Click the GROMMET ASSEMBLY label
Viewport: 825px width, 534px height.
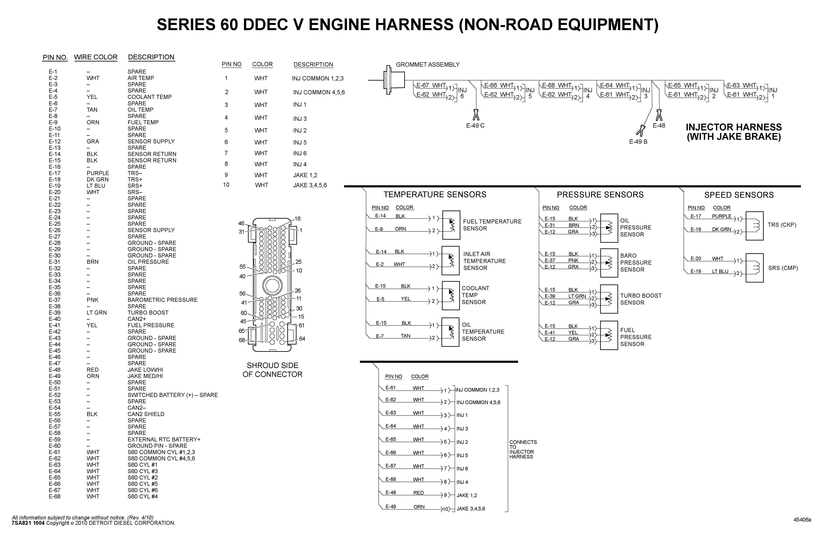(x=427, y=65)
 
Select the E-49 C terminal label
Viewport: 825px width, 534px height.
(x=475, y=126)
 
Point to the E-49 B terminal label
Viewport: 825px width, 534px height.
(x=638, y=141)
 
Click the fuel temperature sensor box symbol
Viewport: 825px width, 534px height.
(x=451, y=225)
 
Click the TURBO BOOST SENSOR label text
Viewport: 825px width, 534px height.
(x=641, y=299)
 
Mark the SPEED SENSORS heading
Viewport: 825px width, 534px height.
(x=739, y=195)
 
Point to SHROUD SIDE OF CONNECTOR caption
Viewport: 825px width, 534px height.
(x=272, y=370)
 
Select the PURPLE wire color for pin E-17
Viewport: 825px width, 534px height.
(x=98, y=173)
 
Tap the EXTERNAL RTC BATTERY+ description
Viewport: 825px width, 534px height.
(x=164, y=439)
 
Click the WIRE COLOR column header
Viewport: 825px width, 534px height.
(x=96, y=57)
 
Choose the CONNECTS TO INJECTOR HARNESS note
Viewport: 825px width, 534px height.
(x=523, y=449)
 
